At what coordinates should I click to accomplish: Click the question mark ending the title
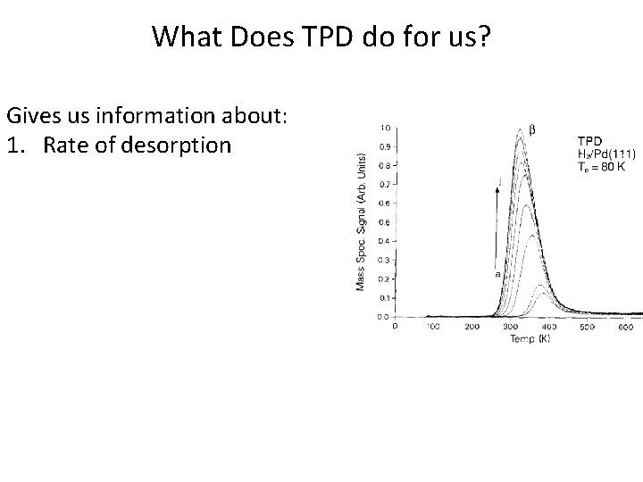click(x=484, y=37)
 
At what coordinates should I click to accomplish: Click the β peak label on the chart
click(x=533, y=129)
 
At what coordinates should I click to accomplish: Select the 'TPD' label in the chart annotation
click(x=589, y=140)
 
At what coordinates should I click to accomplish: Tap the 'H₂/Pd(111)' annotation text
click(x=606, y=153)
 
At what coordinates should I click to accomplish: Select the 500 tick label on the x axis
click(x=588, y=328)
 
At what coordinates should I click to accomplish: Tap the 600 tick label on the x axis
click(x=626, y=328)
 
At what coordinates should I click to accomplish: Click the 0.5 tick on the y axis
click(x=385, y=222)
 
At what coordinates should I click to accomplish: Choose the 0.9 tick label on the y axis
click(x=385, y=145)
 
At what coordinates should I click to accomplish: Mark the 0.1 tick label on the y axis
click(x=385, y=297)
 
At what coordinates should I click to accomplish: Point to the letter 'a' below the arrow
click(x=497, y=274)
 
